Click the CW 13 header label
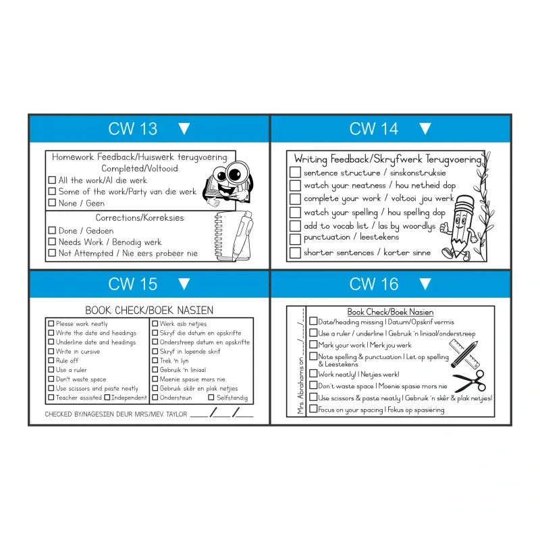pyautogui.click(x=132, y=129)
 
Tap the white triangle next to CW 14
pyautogui.click(x=425, y=128)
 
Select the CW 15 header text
pyautogui.click(x=132, y=284)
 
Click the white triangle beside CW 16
pyautogui.click(x=425, y=283)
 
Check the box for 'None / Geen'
pyautogui.click(x=52, y=203)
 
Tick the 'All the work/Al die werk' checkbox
pyautogui.click(x=52, y=180)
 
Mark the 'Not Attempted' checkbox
pyautogui.click(x=52, y=254)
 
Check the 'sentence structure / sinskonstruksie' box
pyautogui.click(x=295, y=173)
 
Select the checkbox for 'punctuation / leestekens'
pyautogui.click(x=295, y=238)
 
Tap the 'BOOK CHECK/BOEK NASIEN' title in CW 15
pyautogui.click(x=149, y=310)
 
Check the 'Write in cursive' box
pyautogui.click(x=51, y=352)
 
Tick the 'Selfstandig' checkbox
pyautogui.click(x=211, y=398)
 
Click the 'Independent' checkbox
pyautogui.click(x=107, y=398)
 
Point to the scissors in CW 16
pyautogui.click(x=468, y=381)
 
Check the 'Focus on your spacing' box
pyautogui.click(x=313, y=409)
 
